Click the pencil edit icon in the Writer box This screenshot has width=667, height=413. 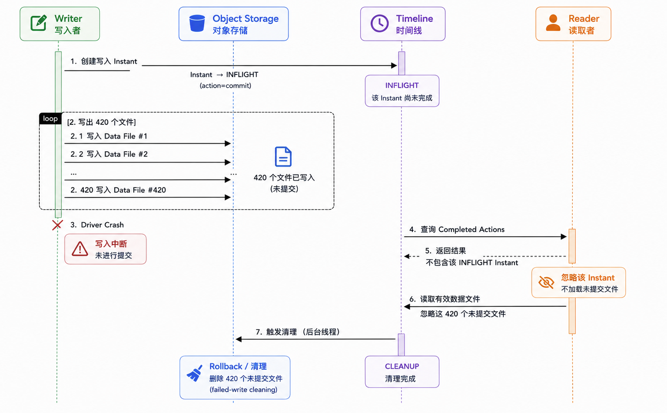tap(39, 22)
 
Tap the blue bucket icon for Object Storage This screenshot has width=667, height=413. tap(197, 23)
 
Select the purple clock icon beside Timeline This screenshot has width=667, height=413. tap(379, 23)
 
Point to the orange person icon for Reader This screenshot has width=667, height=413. tap(553, 23)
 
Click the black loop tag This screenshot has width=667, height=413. tap(50, 119)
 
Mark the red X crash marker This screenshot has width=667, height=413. tap(57, 225)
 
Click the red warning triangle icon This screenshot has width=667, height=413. tap(80, 249)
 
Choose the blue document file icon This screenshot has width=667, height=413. tap(283, 156)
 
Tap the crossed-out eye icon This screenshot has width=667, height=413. tap(547, 282)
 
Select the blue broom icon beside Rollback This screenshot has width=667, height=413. tap(195, 373)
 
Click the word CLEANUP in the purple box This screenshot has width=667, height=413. tap(402, 366)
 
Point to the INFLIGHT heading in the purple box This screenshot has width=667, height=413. tap(402, 86)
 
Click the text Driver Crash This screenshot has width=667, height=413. tap(102, 225)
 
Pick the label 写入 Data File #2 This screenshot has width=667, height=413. tap(117, 154)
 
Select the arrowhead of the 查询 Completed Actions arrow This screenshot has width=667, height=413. tap(563, 237)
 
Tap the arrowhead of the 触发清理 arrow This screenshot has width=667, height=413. tap(239, 339)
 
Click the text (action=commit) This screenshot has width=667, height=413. tap(225, 86)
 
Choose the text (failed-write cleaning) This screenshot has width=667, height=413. tap(243, 390)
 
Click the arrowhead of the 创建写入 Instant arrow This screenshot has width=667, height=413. tap(393, 66)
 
